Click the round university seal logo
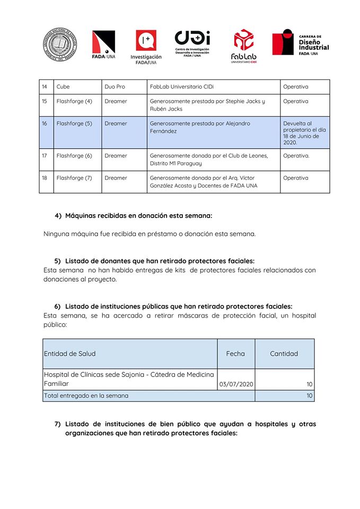pyautogui.click(x=60, y=45)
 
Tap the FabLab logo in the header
pyautogui.click(x=243, y=46)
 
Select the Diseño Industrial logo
pyautogui.click(x=301, y=42)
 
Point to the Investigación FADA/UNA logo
pyautogui.click(x=146, y=47)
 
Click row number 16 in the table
pyautogui.click(x=45, y=124)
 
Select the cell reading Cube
pyautogui.click(x=63, y=87)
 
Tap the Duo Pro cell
pyautogui.click(x=115, y=87)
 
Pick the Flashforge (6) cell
pyautogui.click(x=74, y=156)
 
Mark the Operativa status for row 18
pyautogui.click(x=295, y=178)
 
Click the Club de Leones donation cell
pyautogui.click(x=209, y=160)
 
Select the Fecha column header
pyautogui.click(x=235, y=354)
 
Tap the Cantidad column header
pyautogui.click(x=284, y=354)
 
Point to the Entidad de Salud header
pyautogui.click(x=70, y=354)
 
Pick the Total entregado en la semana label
pyautogui.click(x=86, y=396)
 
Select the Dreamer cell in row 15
pyautogui.click(x=116, y=101)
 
